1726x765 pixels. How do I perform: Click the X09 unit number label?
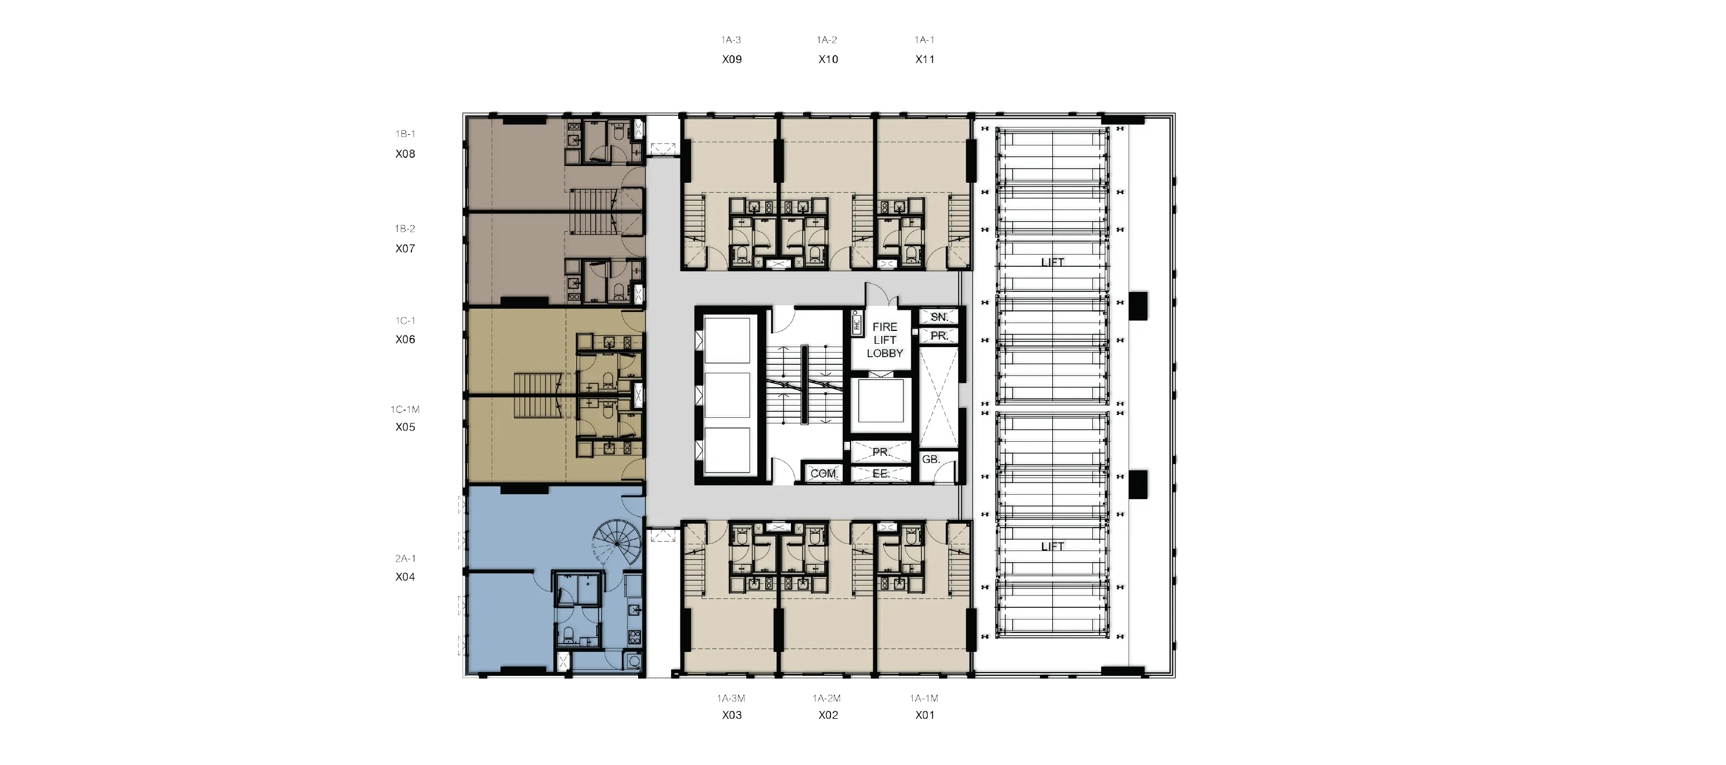(732, 59)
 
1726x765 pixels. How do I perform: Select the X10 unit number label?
(828, 59)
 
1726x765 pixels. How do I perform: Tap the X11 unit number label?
(925, 59)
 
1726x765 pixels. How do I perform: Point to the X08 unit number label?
(405, 153)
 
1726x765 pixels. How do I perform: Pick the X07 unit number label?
(405, 248)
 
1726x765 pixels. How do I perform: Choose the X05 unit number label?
(405, 427)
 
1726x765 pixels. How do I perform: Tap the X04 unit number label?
(405, 577)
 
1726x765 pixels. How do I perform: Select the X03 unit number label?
(732, 715)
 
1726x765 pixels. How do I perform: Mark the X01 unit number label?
(925, 715)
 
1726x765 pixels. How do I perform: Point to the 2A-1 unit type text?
(405, 558)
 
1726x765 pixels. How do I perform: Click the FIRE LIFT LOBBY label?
(884, 340)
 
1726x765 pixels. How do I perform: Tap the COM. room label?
(824, 474)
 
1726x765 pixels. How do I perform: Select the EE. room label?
(881, 474)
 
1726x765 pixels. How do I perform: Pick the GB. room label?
(931, 460)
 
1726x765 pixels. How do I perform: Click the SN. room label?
(939, 317)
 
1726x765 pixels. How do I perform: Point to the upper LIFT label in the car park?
(1052, 262)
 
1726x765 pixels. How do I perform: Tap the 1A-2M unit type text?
(827, 698)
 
